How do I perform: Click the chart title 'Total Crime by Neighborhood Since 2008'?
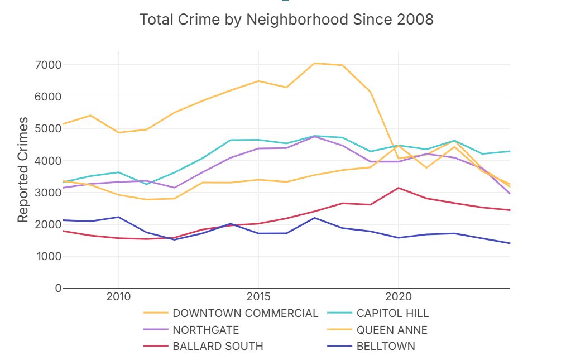pos(286,20)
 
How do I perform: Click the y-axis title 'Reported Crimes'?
pos(22,170)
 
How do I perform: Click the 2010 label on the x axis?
pos(118,296)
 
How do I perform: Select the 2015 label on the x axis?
pos(258,296)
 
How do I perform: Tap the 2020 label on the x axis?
pos(398,296)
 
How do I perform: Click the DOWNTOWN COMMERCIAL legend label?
pos(245,313)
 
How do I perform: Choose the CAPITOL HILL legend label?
pos(392,313)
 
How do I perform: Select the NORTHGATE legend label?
pos(205,330)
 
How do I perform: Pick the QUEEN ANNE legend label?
pos(392,330)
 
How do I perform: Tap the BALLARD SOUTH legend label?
pos(218,346)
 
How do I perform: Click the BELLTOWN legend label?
pos(386,346)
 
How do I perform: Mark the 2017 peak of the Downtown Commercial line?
pos(314,63)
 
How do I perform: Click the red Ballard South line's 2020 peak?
pos(398,188)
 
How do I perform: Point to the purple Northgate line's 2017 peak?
pos(314,136)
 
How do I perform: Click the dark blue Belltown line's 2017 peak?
pos(314,218)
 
